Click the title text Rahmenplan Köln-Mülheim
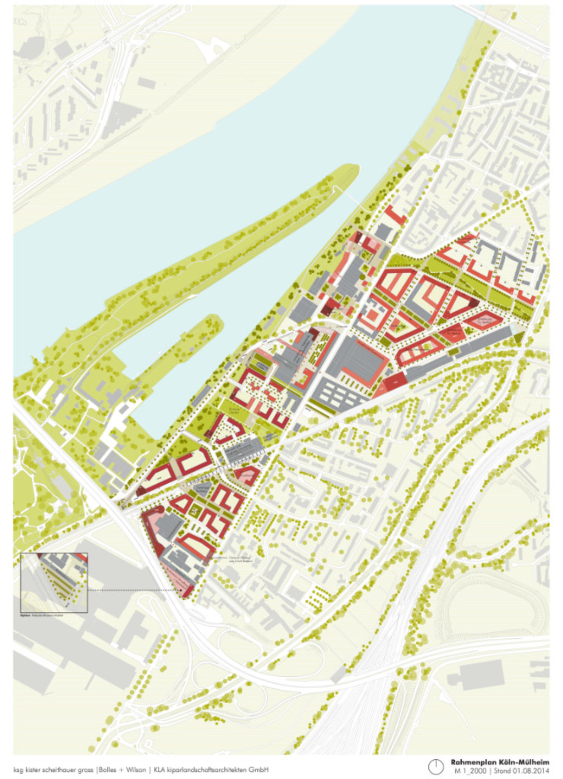(x=499, y=762)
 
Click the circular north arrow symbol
(x=435, y=767)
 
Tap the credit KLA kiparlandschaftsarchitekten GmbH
(x=211, y=770)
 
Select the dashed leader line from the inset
(x=135, y=591)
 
